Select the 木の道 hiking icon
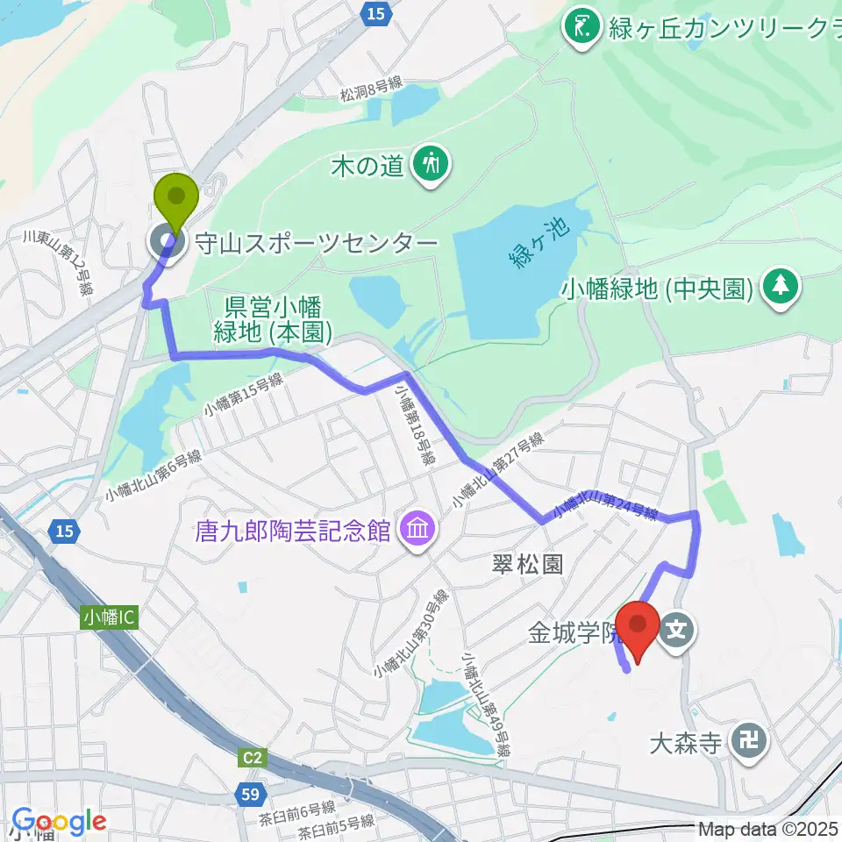431,164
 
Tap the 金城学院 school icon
679,628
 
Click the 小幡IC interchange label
110,617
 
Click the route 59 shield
249,796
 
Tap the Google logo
59,821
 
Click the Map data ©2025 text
768,828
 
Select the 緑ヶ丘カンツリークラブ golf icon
581,25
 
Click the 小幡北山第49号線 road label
488,705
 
